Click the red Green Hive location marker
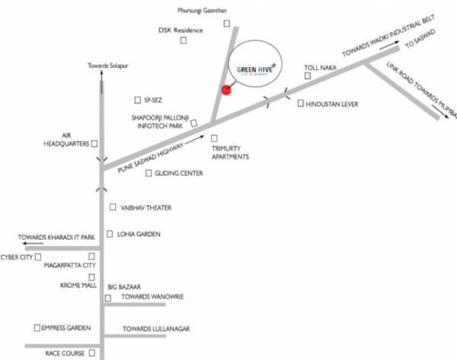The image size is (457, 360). (225, 91)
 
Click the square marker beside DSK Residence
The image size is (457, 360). (184, 41)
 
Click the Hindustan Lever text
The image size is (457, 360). (331, 104)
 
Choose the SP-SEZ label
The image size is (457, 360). (152, 100)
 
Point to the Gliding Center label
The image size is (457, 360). (178, 174)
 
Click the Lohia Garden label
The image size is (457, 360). (138, 234)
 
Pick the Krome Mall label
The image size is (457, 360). (75, 285)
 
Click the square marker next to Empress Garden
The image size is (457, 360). (37, 327)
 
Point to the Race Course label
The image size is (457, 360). (63, 354)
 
